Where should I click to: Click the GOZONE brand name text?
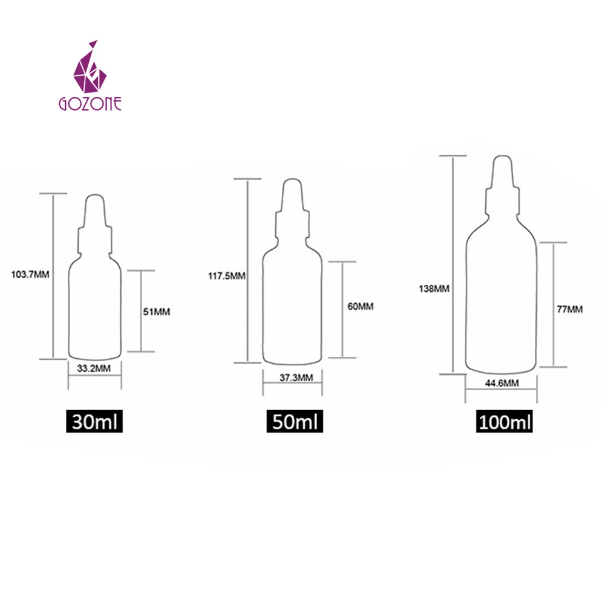[x=90, y=103]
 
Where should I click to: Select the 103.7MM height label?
[x=30, y=274]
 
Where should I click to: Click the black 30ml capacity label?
[x=95, y=420]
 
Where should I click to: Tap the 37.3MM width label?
[x=293, y=378]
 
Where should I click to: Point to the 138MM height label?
[x=433, y=289]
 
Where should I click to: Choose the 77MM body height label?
[x=570, y=309]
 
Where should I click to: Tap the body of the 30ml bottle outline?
[x=94, y=309]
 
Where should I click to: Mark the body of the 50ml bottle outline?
[x=292, y=309]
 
